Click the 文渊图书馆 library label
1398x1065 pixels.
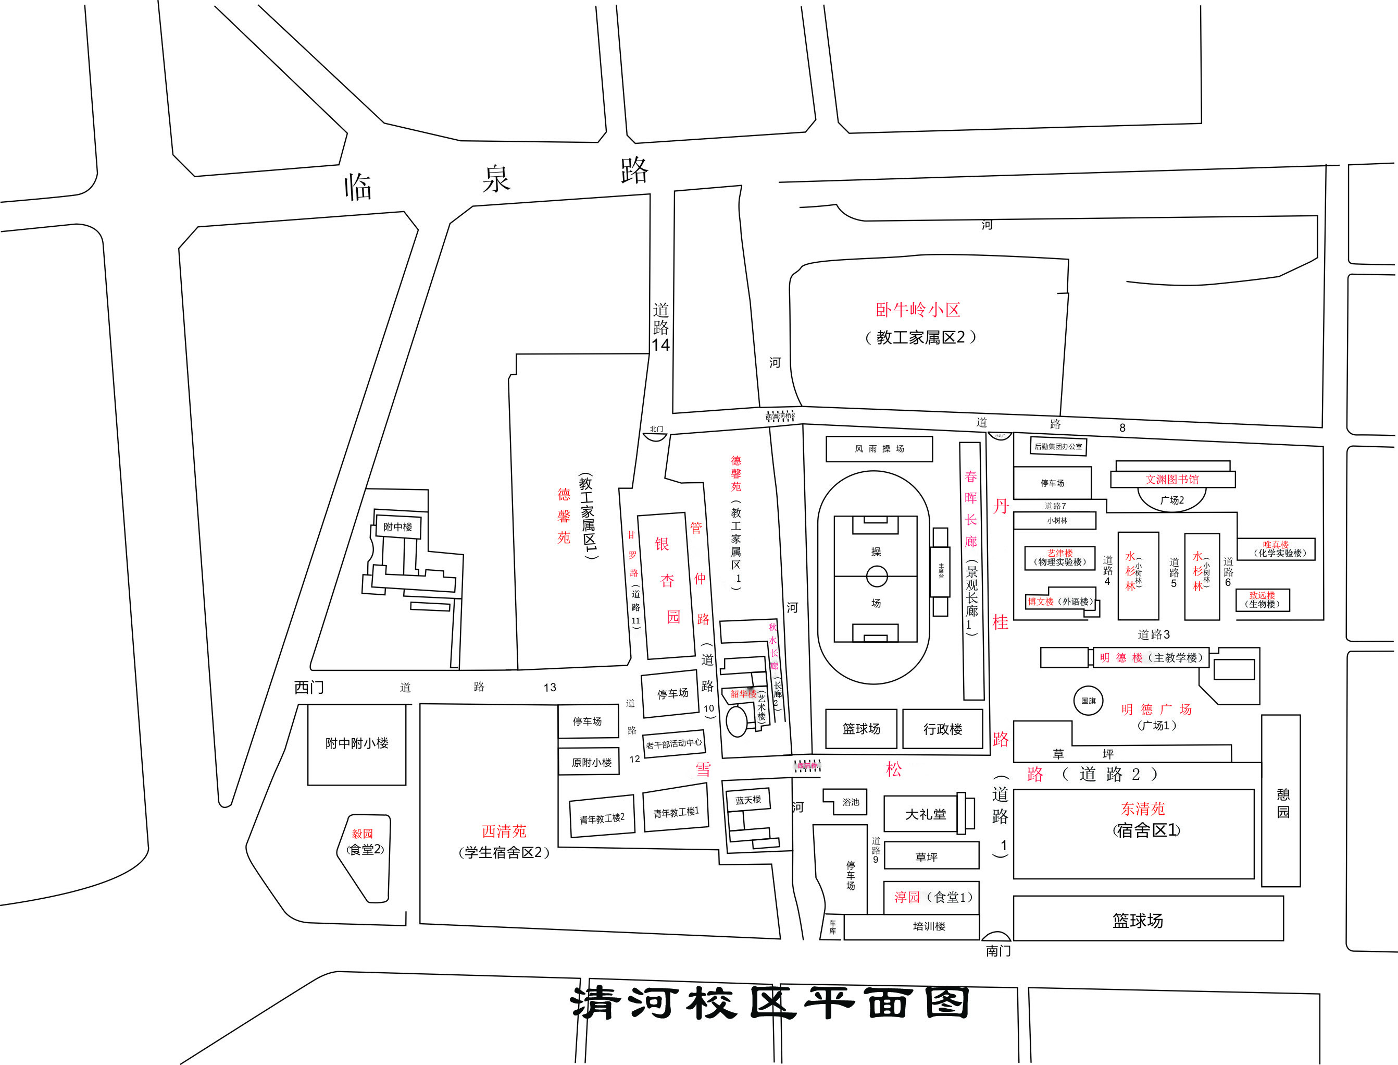pos(1172,479)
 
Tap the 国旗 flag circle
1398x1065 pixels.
pos(1088,701)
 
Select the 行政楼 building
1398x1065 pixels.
pos(943,729)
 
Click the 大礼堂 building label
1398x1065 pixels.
pos(926,814)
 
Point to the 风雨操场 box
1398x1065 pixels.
pos(879,449)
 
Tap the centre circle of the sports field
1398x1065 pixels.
pos(877,576)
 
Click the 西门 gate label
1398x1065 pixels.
pos(309,688)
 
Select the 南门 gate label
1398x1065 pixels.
pos(998,951)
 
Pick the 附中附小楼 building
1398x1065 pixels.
pos(357,743)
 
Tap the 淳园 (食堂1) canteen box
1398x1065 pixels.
pos(932,897)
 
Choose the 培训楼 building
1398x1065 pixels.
pos(929,926)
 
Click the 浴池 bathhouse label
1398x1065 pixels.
pos(851,803)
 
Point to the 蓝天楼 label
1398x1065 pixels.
pos(748,800)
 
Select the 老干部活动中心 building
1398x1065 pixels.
pos(673,743)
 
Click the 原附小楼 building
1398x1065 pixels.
pos(591,763)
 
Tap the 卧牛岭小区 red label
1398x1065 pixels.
pos(918,310)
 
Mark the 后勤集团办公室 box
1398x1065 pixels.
pos(1058,447)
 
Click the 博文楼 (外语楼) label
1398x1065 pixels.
pos(1060,602)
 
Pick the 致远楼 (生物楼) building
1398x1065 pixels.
pos(1263,599)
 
